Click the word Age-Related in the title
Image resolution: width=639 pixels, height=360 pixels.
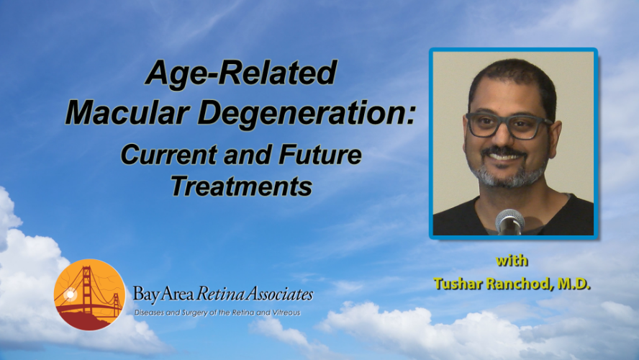(241, 73)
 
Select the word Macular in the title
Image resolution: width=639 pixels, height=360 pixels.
(127, 112)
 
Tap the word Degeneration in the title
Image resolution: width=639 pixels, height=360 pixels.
(306, 113)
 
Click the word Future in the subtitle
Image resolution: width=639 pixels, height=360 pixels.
(320, 155)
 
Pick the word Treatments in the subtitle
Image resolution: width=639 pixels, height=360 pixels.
(241, 186)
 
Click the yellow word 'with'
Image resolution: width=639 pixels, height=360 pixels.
(512, 261)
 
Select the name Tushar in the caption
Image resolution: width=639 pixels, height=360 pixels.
(458, 284)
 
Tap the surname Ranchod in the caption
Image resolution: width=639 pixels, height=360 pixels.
(518, 284)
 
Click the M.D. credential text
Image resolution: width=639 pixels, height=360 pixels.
(574, 284)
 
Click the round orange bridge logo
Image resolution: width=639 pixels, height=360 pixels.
(90, 294)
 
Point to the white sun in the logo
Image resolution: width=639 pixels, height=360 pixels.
(70, 294)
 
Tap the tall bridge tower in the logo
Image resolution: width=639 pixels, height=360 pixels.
(86, 289)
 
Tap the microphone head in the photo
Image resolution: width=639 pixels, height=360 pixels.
(509, 220)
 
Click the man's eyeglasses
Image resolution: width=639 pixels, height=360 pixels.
(509, 125)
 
